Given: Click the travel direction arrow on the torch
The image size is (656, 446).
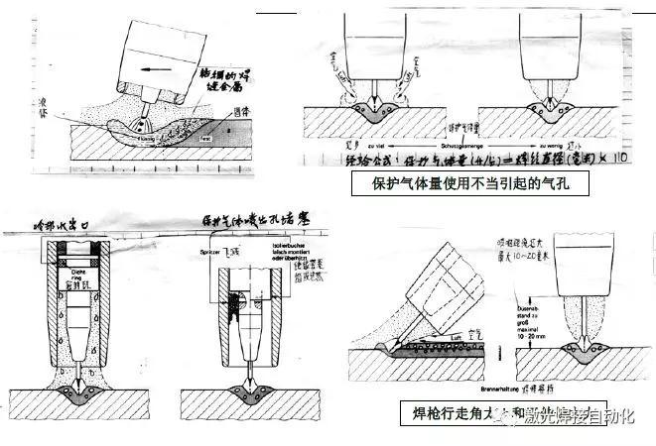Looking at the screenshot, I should coord(154,70).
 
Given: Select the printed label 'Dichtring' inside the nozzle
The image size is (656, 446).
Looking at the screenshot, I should coord(81,274).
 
